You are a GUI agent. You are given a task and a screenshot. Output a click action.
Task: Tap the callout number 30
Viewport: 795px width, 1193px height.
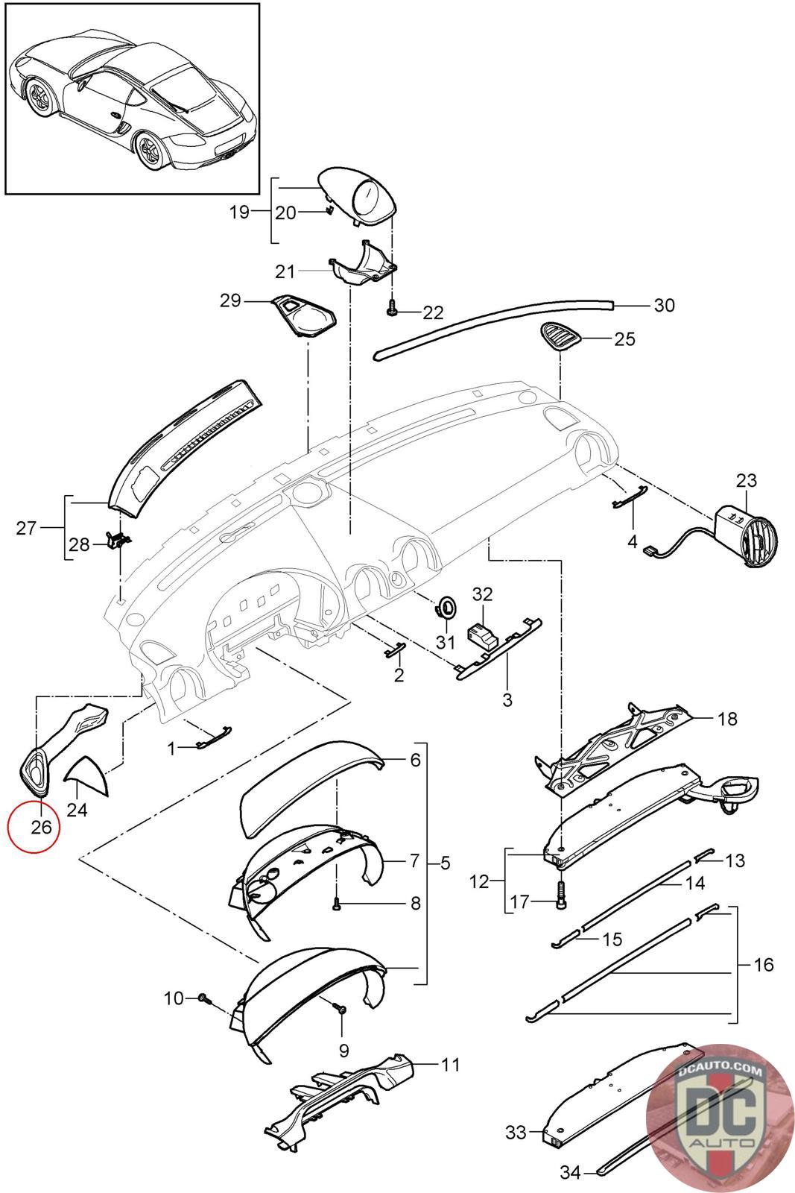click(663, 305)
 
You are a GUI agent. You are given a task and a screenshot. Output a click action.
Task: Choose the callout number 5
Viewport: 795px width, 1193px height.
click(445, 863)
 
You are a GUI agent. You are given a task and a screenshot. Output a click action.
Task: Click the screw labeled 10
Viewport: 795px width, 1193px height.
click(203, 998)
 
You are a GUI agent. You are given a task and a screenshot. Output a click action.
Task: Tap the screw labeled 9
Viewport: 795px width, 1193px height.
click(341, 1008)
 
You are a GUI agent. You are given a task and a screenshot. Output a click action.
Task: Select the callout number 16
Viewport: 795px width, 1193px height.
click(764, 964)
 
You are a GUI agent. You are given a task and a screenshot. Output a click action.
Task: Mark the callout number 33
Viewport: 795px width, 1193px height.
click(516, 1133)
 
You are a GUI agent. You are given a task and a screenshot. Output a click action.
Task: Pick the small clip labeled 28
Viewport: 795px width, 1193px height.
click(115, 539)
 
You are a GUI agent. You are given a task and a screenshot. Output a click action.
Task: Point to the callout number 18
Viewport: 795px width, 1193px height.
click(727, 719)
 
